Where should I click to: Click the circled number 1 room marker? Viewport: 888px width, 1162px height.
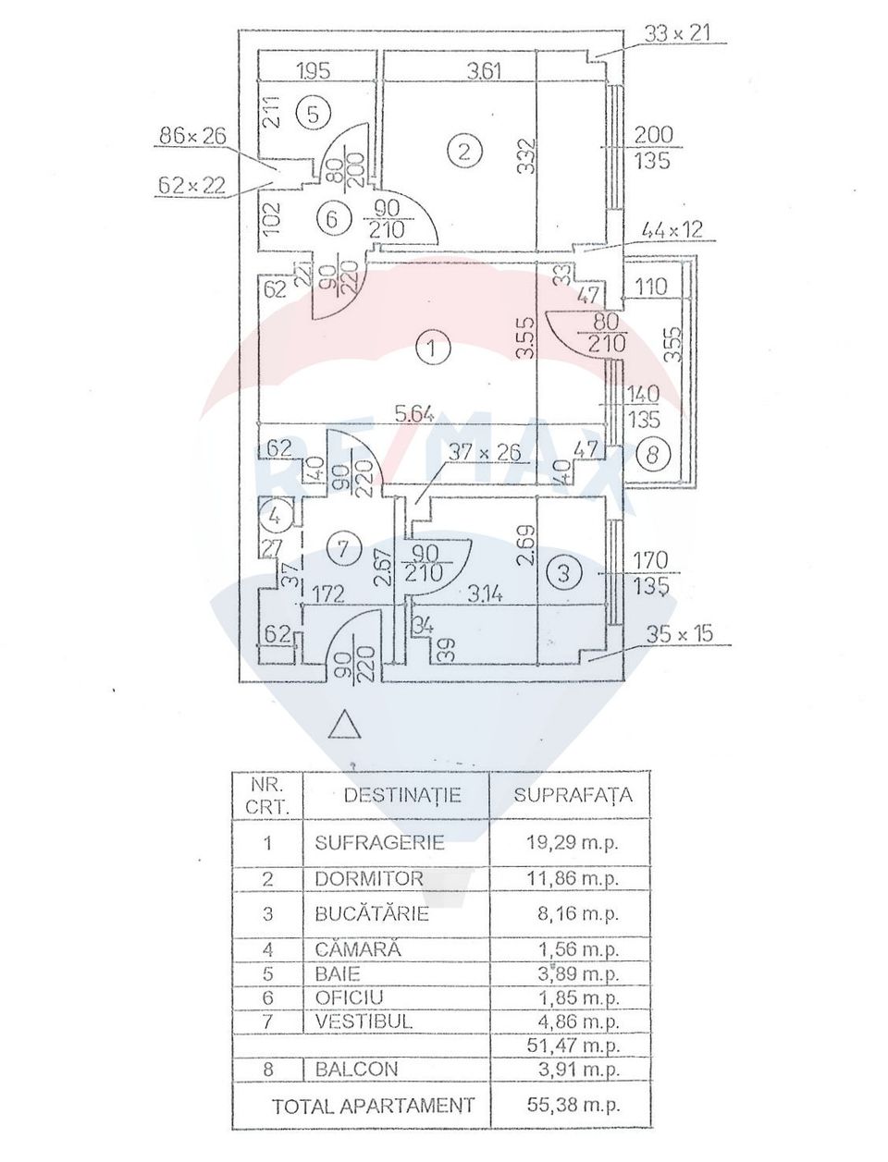pos(432,349)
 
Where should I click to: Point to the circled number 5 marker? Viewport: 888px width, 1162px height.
pos(313,113)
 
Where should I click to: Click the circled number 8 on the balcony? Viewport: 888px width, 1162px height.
pos(654,454)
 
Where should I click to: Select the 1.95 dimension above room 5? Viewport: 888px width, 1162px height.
pos(314,69)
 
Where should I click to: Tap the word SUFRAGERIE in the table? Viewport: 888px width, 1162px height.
pos(379,843)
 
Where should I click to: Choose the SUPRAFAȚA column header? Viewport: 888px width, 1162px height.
pos(573,794)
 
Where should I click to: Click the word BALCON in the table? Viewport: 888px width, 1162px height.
pos(356,1069)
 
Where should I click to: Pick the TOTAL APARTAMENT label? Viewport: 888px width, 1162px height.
pos(373,1105)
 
